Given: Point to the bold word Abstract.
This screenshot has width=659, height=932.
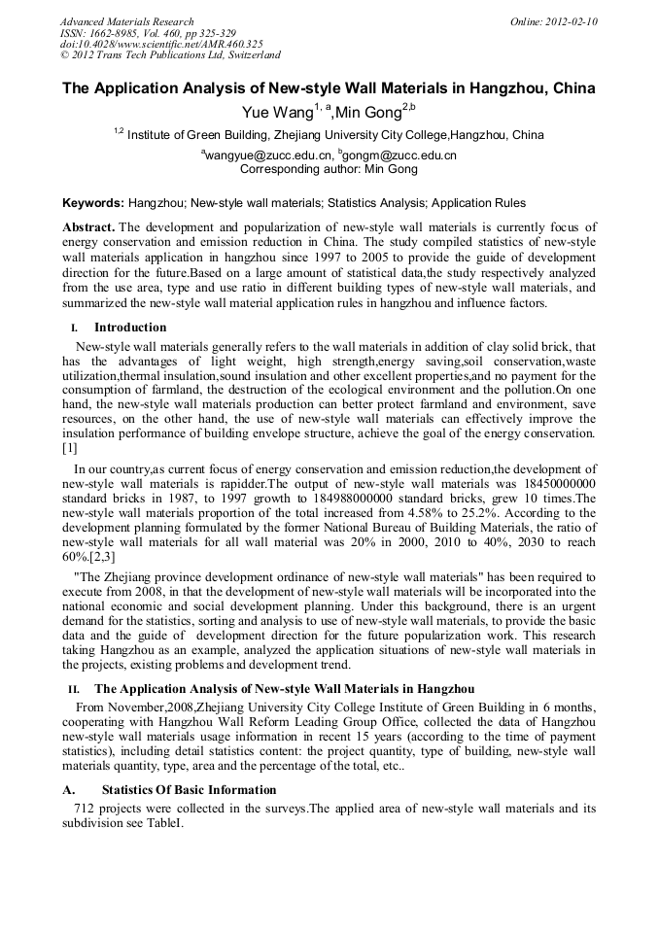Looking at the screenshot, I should pyautogui.click(x=88, y=226).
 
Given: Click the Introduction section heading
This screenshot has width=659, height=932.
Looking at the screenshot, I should pyautogui.click(x=130, y=328).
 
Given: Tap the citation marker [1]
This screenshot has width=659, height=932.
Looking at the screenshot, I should pyautogui.click(x=69, y=448).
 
